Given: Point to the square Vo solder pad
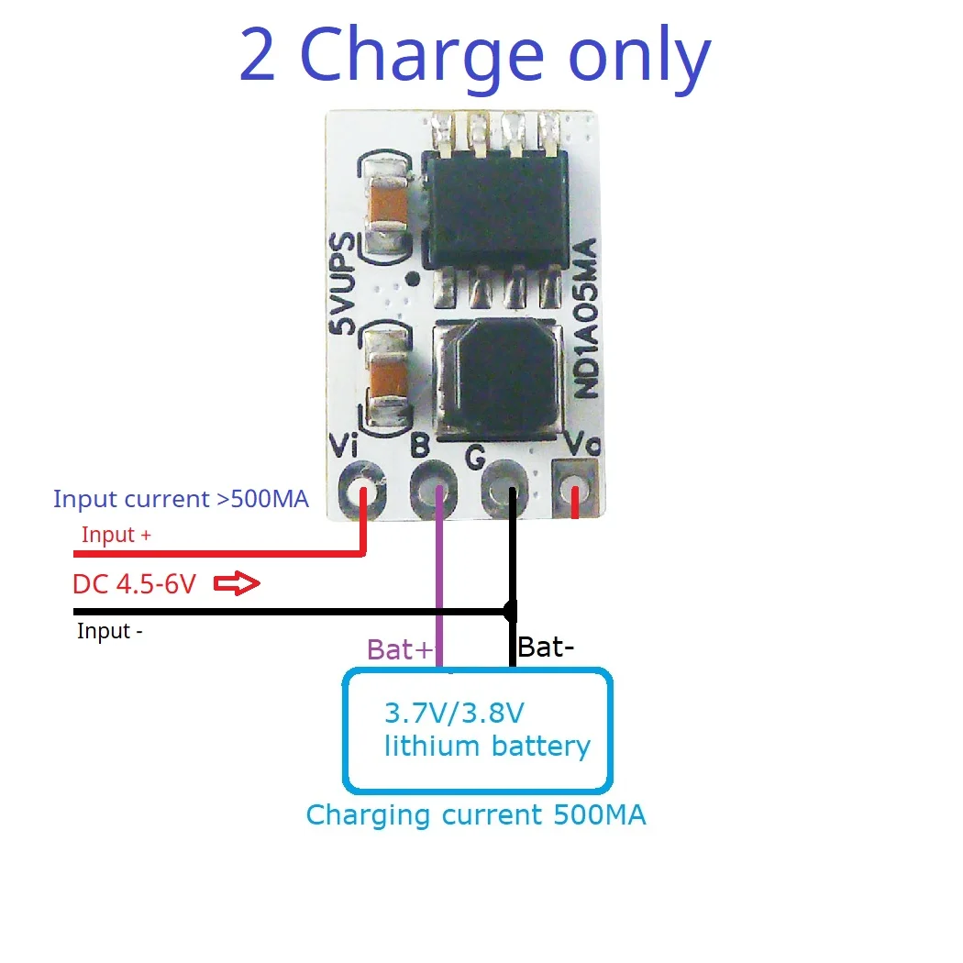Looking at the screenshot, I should click(575, 487).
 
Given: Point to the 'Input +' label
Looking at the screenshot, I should click(116, 535).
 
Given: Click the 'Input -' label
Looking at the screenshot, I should click(110, 631).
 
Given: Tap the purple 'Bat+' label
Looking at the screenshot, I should click(399, 650).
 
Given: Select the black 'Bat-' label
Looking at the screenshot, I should click(546, 647).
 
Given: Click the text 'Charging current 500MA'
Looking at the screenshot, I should click(475, 815).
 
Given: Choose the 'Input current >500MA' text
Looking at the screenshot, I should click(181, 500).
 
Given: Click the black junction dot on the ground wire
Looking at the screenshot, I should click(510, 611).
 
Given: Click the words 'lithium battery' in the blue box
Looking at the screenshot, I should click(486, 746).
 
